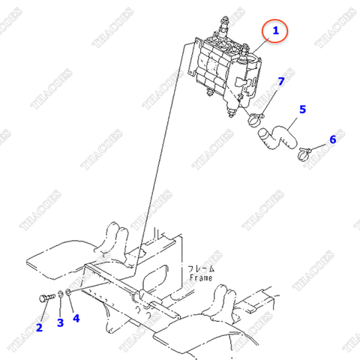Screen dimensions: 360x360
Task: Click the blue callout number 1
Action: click(x=275, y=31)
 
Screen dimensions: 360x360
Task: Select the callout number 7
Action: click(x=282, y=81)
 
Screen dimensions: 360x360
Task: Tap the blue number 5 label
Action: click(x=302, y=109)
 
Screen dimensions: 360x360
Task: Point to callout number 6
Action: click(x=332, y=139)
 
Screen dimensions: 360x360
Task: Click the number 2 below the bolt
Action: click(x=38, y=327)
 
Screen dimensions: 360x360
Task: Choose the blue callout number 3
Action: click(x=61, y=323)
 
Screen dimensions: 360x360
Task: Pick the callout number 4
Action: click(x=76, y=318)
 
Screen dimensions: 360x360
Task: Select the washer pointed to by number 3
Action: click(x=61, y=295)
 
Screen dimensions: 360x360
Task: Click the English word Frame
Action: click(x=200, y=277)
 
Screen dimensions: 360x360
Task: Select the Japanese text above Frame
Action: click(x=200, y=268)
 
